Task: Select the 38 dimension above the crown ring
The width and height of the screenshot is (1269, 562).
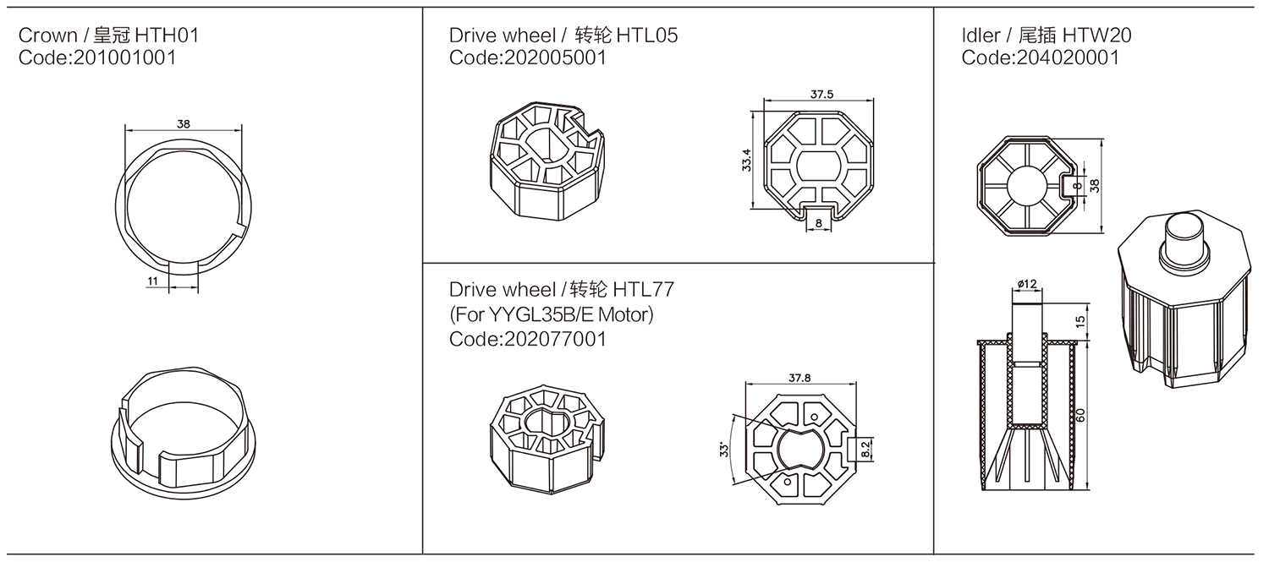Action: coord(183,123)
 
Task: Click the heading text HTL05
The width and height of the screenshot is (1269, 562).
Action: coord(646,35)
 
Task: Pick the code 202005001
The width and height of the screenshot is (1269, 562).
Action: coord(528,57)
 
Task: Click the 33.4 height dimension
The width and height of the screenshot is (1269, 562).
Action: coord(745,159)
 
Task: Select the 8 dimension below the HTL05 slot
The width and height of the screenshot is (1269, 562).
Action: coord(817,223)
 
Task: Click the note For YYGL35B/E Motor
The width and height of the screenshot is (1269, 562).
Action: coord(552,314)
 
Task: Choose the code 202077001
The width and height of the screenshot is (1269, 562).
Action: coord(528,339)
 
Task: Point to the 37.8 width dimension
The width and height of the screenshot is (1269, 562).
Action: coord(799,379)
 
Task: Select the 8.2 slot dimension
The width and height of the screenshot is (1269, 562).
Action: coord(864,449)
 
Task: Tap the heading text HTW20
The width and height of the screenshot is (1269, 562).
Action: coord(1098,35)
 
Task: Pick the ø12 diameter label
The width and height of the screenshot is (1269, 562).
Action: coord(1027,284)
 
